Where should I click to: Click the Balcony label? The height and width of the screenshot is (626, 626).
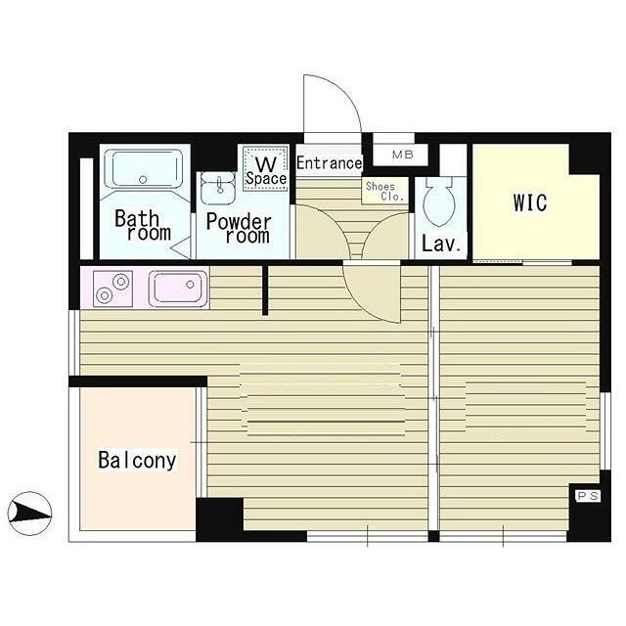[137, 461]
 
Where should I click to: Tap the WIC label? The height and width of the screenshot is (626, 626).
[530, 202]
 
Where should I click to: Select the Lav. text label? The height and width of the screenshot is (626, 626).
[441, 244]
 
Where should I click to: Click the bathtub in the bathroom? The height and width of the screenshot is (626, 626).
[144, 169]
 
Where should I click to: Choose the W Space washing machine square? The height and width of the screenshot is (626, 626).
[266, 168]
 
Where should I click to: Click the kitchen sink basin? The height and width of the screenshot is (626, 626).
[178, 288]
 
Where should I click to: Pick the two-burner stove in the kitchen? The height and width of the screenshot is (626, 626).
[112, 289]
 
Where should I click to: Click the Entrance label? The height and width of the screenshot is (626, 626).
[329, 163]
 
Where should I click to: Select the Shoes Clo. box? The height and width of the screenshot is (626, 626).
[384, 192]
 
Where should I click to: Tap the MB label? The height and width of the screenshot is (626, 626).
[402, 155]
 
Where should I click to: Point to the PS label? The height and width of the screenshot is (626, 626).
[588, 496]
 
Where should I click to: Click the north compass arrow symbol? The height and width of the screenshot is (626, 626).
[29, 513]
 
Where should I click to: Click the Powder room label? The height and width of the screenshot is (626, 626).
[239, 228]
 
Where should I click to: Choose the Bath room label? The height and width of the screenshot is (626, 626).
[143, 226]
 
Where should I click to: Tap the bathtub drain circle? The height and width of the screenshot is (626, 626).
[143, 180]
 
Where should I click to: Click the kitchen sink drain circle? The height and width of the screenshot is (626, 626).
[191, 285]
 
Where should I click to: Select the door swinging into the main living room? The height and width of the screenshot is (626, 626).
[372, 292]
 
